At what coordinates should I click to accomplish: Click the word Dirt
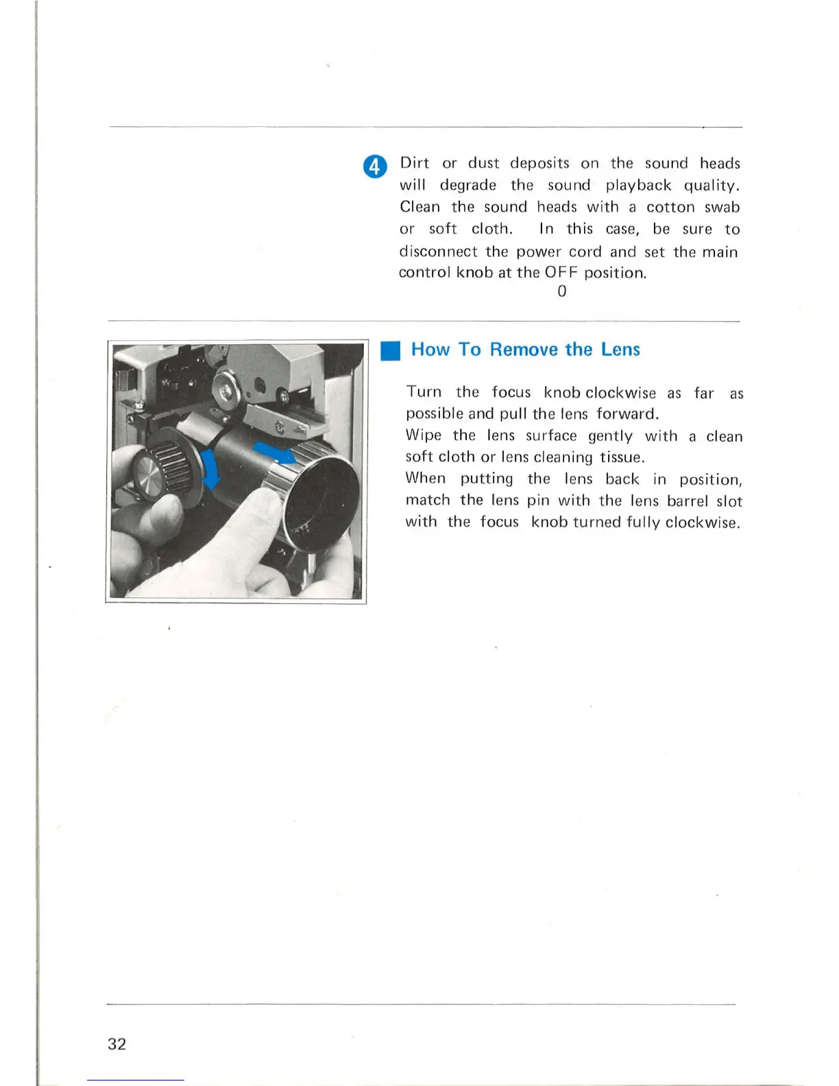coord(414,163)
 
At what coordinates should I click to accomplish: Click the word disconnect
coord(437,252)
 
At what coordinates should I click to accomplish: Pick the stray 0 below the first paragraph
coord(562,291)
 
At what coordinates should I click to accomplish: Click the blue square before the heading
coord(391,351)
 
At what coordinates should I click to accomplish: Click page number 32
coord(117,1044)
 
